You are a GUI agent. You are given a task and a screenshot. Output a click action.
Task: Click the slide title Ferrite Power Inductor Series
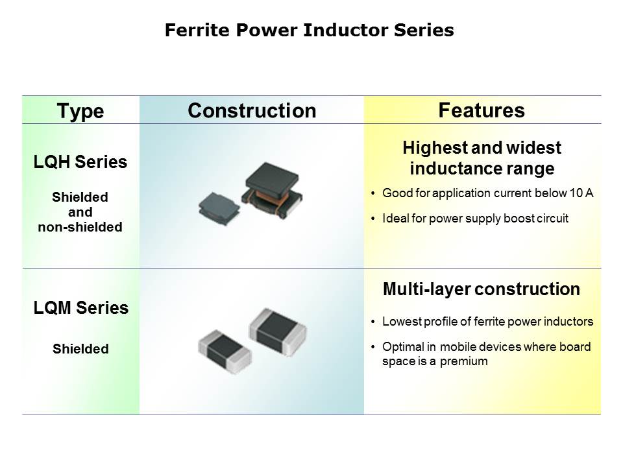click(309, 30)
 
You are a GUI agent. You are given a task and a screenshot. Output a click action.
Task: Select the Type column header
click(80, 111)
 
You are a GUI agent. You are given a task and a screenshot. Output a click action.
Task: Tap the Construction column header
click(252, 110)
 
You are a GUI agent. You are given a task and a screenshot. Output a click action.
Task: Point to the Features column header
click(482, 110)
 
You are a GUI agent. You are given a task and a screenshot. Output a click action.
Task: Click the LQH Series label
click(80, 162)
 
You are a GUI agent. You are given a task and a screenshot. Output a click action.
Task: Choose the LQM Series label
click(80, 307)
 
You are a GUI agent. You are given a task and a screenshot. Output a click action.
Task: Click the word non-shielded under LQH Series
click(80, 227)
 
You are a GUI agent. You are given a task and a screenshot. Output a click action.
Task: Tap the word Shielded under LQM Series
click(80, 349)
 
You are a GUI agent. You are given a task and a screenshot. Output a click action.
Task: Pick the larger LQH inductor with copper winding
click(272, 189)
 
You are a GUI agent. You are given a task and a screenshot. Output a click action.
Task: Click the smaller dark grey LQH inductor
click(219, 208)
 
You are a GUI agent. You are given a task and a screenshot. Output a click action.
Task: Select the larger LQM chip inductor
click(278, 332)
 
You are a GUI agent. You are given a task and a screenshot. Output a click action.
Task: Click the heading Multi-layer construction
click(482, 289)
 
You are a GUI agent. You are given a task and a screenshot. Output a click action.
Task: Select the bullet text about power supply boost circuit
click(475, 219)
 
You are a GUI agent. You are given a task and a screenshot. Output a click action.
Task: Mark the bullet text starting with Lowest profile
click(487, 321)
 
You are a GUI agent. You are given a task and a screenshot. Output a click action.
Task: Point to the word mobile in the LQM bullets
click(459, 346)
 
